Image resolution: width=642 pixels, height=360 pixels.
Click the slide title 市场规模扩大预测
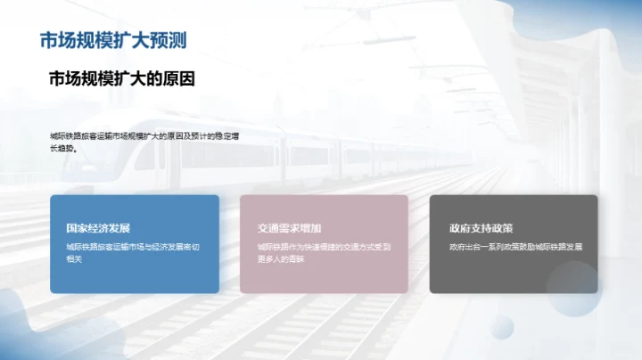[113, 41]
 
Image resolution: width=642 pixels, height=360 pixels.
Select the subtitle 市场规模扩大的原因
[121, 79]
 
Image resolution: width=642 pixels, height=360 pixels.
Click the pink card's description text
[324, 252]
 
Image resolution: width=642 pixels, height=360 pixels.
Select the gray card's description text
[515, 246]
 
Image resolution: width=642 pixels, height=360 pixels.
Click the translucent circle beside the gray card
[572, 290]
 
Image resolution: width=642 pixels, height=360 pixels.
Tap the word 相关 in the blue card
[74, 258]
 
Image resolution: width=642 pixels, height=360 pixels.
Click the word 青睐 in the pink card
[296, 258]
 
